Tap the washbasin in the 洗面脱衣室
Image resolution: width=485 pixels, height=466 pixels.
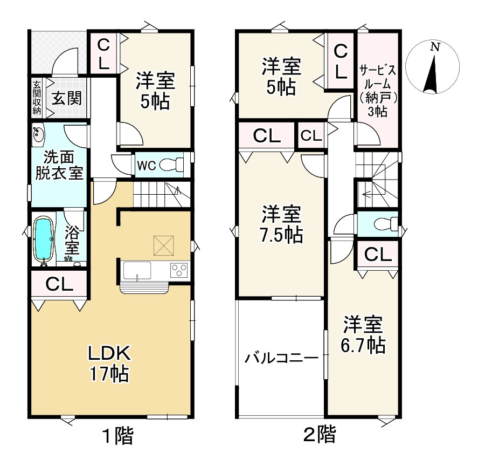click(38, 135)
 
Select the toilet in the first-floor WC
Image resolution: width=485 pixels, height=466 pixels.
click(171, 165)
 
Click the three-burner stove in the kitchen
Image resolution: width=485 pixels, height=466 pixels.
click(179, 270)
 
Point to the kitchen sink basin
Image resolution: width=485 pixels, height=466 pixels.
click(137, 271)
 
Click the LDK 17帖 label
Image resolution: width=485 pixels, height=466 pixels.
click(109, 364)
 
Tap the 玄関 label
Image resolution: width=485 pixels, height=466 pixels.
click(66, 99)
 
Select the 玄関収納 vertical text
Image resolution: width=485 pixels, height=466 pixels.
click(37, 98)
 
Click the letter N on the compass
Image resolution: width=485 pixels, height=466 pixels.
click(435, 47)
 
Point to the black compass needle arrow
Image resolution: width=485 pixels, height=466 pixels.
click(431, 74)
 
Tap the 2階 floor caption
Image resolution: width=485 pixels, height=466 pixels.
click(319, 434)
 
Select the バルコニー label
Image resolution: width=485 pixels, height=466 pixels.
click(281, 359)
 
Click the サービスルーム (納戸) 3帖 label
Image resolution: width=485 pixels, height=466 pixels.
click(378, 91)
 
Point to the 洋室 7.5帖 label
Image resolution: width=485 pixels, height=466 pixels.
click(281, 224)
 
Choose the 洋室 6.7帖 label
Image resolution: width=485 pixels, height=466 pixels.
click(363, 335)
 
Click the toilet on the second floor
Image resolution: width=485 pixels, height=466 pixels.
click(386, 223)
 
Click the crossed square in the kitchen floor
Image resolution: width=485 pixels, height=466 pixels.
click(164, 245)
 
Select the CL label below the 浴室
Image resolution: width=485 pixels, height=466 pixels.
click(59, 284)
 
